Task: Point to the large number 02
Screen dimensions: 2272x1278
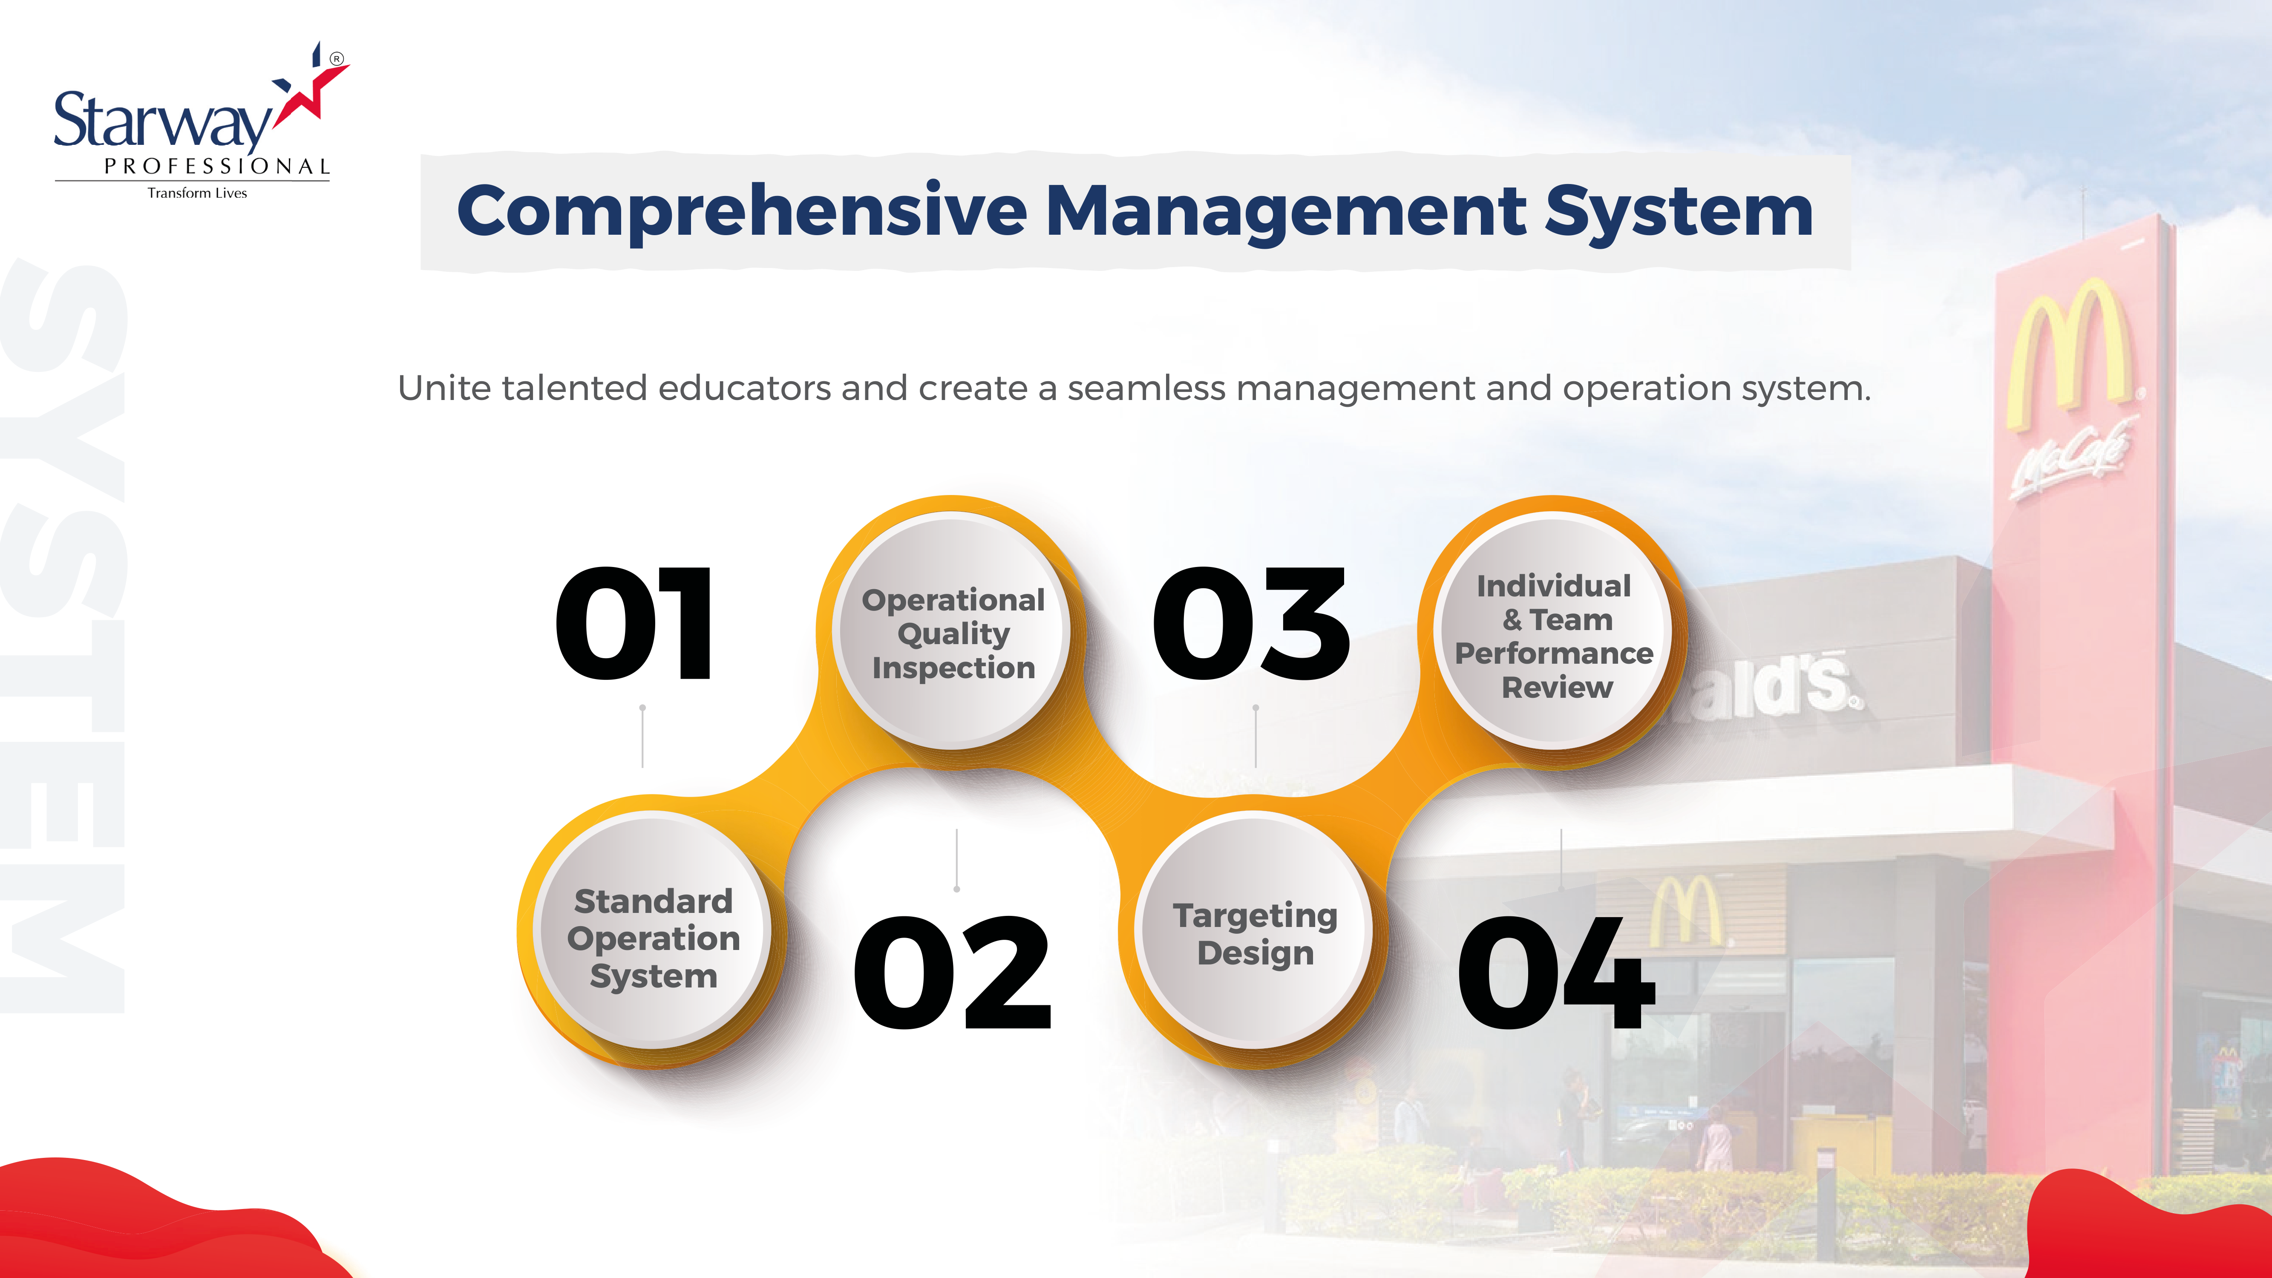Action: pos(953,973)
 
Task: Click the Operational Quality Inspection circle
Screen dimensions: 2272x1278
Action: pos(953,631)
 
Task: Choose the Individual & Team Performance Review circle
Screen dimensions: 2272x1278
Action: pos(1554,631)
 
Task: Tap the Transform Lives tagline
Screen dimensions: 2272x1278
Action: pos(198,193)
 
